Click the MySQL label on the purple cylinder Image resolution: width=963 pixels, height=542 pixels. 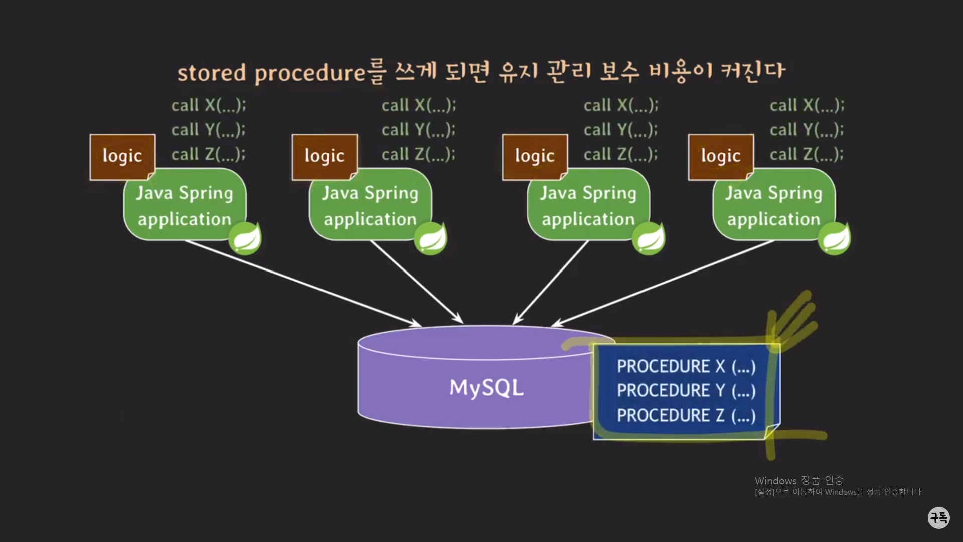point(486,388)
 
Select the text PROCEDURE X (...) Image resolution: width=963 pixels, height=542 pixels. point(686,367)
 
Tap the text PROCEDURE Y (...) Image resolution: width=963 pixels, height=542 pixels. point(686,391)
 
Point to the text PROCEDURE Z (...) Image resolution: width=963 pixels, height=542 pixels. point(686,416)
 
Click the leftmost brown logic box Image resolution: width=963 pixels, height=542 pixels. point(122,157)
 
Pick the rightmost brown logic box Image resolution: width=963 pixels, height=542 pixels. point(721,157)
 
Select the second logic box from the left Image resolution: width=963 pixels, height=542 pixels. point(325,157)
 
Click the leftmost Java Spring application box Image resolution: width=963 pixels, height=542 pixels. point(185,206)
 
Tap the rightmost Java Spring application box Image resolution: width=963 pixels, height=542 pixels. point(773,206)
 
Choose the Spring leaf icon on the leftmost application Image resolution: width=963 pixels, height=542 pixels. point(245,238)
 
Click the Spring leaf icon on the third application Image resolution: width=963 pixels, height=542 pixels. point(649,238)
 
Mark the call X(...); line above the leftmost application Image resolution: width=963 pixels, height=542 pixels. point(209,105)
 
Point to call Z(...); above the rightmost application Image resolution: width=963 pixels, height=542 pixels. point(807,154)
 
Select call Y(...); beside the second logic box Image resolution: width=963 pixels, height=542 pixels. point(418,130)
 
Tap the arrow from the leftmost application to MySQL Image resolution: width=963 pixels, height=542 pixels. point(301,283)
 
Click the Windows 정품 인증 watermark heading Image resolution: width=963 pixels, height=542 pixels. point(799,481)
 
